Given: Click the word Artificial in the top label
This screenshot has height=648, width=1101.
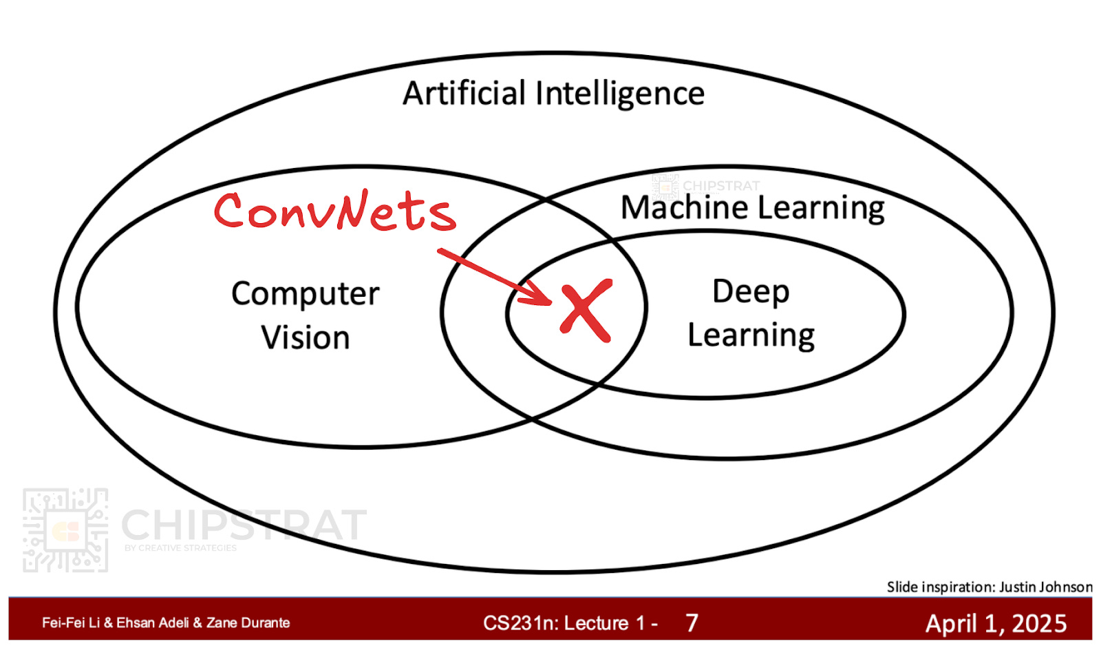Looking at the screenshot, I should pos(464,93).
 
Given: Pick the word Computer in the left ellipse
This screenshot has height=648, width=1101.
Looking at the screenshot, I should pos(305,294).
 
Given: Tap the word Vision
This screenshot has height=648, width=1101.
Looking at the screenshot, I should pos(306,338).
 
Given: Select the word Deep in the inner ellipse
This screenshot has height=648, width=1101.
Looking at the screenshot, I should pos(750,292).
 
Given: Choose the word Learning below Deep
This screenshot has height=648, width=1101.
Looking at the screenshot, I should pos(751,336).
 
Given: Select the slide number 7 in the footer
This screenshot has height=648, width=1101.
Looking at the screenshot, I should pos(692,623).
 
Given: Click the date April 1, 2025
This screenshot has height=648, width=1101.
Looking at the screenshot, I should pos(996,623).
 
